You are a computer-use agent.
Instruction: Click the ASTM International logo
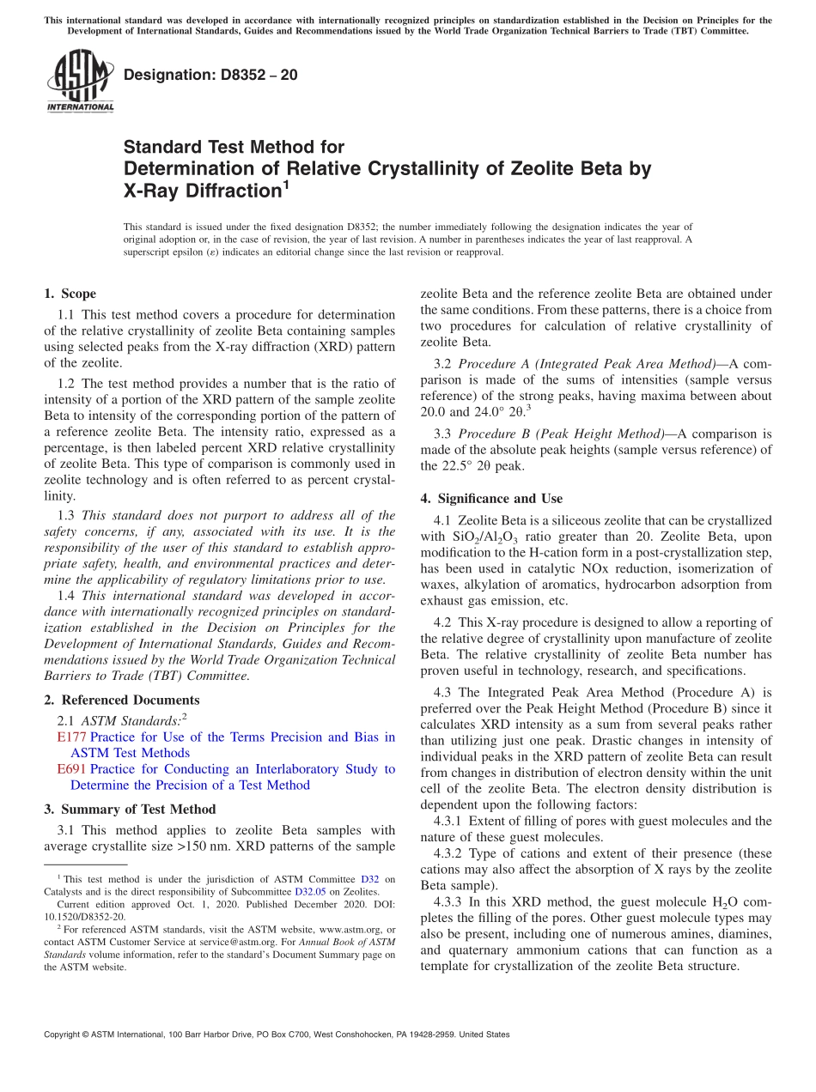(80, 81)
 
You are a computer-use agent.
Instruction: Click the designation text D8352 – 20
(210, 75)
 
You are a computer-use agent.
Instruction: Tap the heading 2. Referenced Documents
(121, 700)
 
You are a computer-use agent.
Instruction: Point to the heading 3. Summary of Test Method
(130, 809)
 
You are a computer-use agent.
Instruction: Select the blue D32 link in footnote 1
(369, 879)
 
